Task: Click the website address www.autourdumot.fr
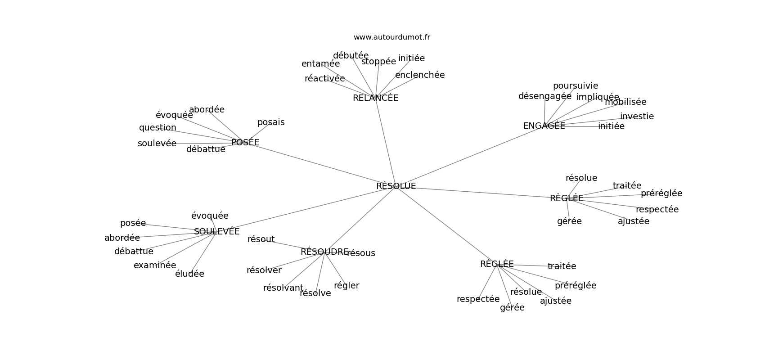[x=391, y=37]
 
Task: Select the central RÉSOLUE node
[x=396, y=186]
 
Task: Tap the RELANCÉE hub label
[x=375, y=98]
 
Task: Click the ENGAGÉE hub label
[x=544, y=126]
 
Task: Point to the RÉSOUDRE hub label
[x=324, y=252]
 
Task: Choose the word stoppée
[x=378, y=61]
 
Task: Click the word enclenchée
[x=420, y=75]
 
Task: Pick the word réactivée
[x=324, y=78]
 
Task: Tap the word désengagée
[x=544, y=96]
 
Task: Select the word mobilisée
[x=625, y=102]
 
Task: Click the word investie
[x=637, y=116]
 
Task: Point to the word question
[x=157, y=127]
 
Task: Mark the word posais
[x=271, y=122]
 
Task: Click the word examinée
[x=155, y=265]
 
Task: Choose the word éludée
[x=189, y=274]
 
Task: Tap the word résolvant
[x=283, y=288]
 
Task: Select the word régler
[x=346, y=285]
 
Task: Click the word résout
[x=261, y=239]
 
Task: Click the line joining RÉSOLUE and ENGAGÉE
[x=468, y=157]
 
